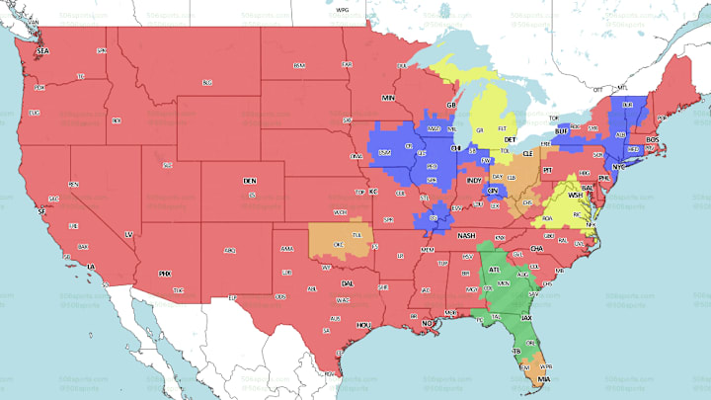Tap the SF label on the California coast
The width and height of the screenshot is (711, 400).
40,211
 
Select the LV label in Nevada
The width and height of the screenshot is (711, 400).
128,233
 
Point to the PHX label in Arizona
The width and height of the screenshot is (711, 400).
165,273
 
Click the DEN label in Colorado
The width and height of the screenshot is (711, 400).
249,182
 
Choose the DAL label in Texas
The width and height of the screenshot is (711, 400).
347,283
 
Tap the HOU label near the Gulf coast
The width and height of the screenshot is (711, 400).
363,324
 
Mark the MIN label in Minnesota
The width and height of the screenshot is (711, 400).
388,99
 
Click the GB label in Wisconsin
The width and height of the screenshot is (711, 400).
451,105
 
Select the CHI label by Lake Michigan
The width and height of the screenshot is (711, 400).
455,148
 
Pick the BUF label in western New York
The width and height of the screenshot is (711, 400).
562,130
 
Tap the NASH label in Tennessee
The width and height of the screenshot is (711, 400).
466,235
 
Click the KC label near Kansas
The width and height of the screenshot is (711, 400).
374,191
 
